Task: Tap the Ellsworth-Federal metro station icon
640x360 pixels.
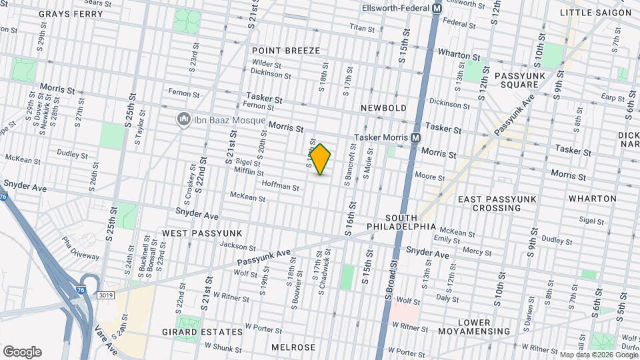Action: click(x=437, y=9)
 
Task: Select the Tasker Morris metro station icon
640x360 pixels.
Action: click(x=415, y=137)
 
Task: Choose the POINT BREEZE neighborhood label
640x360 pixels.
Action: click(x=286, y=51)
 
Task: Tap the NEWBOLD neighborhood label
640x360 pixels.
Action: click(x=383, y=107)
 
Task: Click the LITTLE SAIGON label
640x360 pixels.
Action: click(x=595, y=13)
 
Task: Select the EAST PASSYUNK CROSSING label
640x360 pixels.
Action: click(x=489, y=203)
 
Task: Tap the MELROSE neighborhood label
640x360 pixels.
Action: click(x=293, y=347)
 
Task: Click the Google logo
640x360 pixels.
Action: click(x=22, y=352)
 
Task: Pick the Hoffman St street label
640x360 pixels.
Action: click(x=280, y=187)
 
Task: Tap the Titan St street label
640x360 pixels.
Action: click(x=363, y=27)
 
